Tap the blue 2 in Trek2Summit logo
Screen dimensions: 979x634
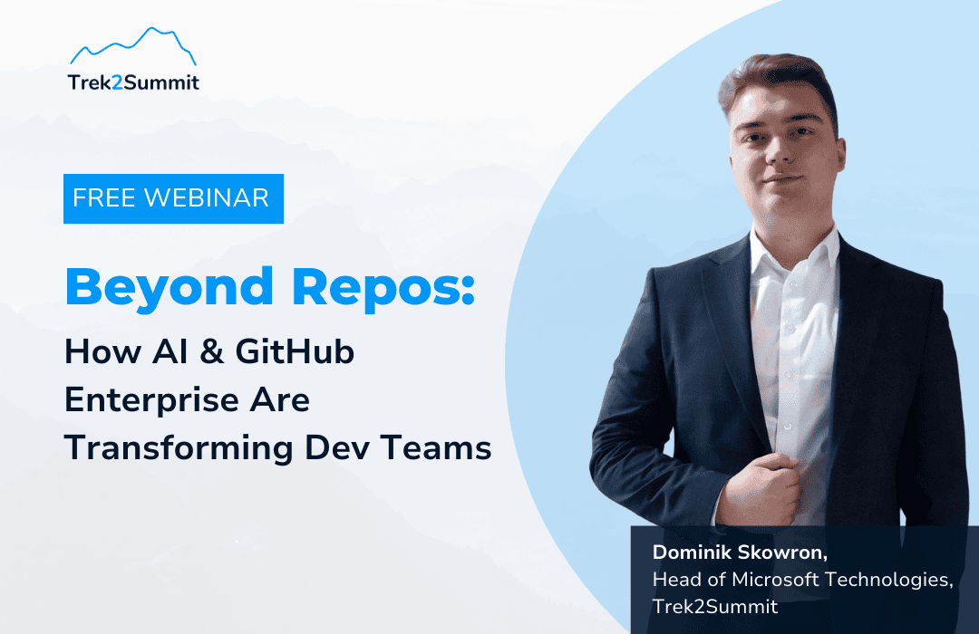point(117,82)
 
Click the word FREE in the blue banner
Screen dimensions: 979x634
point(104,197)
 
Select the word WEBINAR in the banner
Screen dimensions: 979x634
point(207,197)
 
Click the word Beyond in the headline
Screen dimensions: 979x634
point(170,288)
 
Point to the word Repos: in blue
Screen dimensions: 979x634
point(383,288)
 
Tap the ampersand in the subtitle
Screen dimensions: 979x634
point(212,351)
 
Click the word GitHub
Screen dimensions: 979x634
point(295,351)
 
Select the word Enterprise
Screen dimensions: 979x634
point(151,400)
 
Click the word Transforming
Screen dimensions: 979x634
point(179,448)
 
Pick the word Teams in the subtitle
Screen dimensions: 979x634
point(436,448)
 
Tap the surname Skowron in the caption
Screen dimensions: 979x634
point(783,552)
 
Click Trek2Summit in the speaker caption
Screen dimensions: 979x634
point(715,607)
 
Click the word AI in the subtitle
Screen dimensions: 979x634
point(170,351)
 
